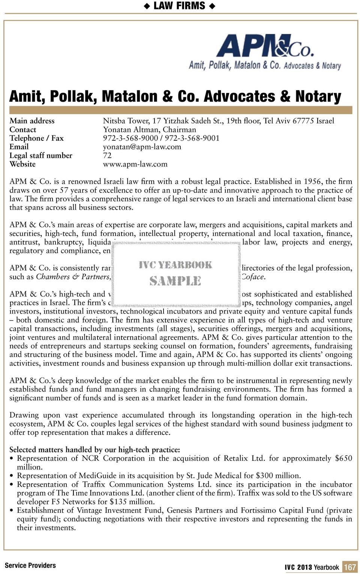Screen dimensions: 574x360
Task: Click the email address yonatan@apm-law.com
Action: [142, 147]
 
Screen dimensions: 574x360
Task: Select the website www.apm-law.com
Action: [135, 164]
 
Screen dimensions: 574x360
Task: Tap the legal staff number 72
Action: [107, 155]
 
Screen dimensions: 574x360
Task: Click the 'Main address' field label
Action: [32, 121]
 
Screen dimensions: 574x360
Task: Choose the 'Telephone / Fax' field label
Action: [36, 138]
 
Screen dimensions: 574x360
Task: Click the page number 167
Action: [349, 567]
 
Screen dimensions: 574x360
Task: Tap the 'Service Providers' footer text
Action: [30, 565]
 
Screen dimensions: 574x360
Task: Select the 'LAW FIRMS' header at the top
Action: [180, 6]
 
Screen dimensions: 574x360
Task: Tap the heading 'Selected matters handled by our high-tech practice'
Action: [94, 449]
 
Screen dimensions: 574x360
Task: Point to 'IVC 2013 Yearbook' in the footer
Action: [312, 567]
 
